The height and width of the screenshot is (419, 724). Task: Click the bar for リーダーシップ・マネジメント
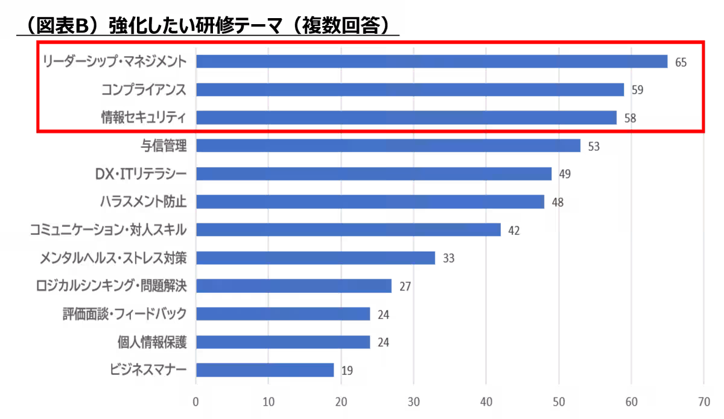(x=432, y=62)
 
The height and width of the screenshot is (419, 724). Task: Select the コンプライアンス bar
(x=410, y=89)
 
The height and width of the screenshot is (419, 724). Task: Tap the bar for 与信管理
(x=388, y=146)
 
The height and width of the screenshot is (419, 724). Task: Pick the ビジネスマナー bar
(x=265, y=370)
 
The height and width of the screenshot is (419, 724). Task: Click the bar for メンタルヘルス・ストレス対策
(x=316, y=258)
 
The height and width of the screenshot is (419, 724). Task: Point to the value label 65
(x=681, y=62)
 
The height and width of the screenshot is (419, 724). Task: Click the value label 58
(x=630, y=118)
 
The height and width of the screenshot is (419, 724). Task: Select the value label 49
(x=565, y=174)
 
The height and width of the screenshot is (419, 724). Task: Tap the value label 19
(x=347, y=371)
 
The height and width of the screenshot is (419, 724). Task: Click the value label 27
(x=405, y=286)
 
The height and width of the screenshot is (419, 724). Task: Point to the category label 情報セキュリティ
(x=144, y=117)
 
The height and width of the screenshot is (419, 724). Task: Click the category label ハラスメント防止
(x=143, y=201)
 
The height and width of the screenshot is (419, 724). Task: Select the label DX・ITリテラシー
(x=141, y=174)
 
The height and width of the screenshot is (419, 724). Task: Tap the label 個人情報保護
(x=152, y=342)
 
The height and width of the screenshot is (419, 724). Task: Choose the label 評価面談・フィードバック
(x=124, y=314)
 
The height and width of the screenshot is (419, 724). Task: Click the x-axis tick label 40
(x=486, y=402)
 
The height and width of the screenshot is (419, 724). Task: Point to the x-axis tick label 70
(x=704, y=402)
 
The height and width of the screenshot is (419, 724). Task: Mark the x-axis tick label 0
(x=195, y=402)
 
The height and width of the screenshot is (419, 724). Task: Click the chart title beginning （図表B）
(x=208, y=25)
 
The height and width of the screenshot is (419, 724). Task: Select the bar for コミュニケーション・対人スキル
(x=349, y=229)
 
